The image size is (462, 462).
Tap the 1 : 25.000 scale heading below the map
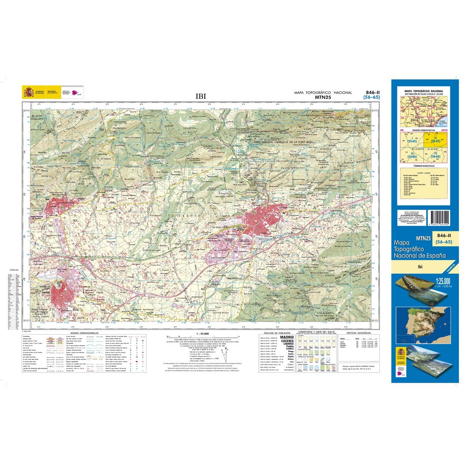pos(202,333)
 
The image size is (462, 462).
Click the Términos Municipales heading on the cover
pos(423,166)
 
